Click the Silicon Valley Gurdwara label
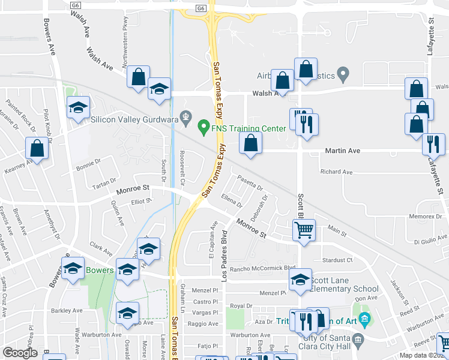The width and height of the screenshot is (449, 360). click(135, 119)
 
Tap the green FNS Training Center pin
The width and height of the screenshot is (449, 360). click(203, 127)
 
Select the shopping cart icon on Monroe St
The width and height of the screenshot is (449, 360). click(304, 229)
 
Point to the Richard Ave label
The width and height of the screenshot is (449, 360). click(336, 172)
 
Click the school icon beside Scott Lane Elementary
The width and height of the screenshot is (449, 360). click(301, 279)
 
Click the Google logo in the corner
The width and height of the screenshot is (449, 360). click(20, 352)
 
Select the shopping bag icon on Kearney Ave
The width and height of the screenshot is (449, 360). click(37, 149)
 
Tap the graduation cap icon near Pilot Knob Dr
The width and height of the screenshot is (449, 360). click(78, 107)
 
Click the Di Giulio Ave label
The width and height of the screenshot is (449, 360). click(428, 242)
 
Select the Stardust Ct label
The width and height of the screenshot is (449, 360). click(337, 260)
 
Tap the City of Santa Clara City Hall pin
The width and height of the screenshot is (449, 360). click(358, 340)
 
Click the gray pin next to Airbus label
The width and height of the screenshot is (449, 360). click(343, 76)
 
